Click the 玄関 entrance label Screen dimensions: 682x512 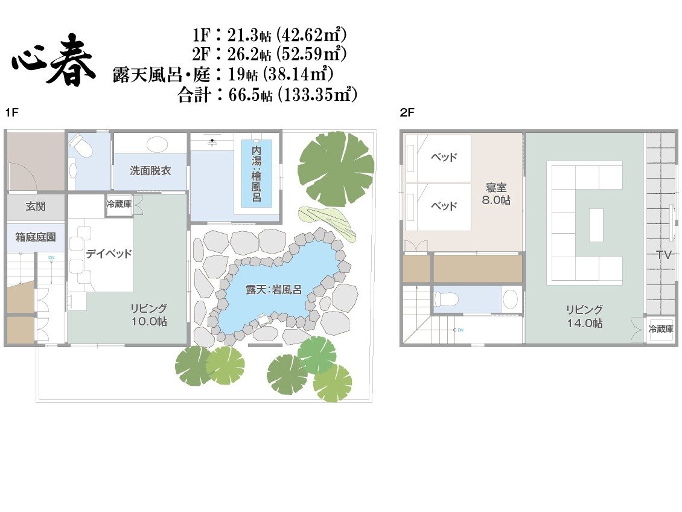(x=35, y=206)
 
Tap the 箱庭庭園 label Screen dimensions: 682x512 (x=35, y=237)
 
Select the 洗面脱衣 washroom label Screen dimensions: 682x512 (x=150, y=170)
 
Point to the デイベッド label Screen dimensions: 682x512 (x=108, y=254)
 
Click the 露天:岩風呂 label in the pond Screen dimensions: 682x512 (x=273, y=290)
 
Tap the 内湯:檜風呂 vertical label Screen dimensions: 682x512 (x=257, y=174)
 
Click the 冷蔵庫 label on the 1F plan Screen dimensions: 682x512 (x=119, y=203)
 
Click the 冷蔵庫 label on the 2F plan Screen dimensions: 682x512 (x=661, y=329)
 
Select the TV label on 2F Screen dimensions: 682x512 (x=664, y=255)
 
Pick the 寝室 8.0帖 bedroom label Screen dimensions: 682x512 (x=496, y=194)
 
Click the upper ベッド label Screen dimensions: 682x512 (x=444, y=156)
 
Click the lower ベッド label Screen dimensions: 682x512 (x=444, y=206)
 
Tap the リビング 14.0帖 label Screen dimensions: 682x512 (x=584, y=316)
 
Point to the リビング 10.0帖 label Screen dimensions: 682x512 (x=149, y=315)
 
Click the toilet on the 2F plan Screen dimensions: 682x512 (x=445, y=299)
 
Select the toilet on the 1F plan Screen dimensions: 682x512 (x=81, y=146)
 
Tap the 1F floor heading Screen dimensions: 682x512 (x=12, y=113)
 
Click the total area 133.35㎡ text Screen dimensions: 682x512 (x=317, y=94)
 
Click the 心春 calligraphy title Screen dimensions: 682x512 (x=53, y=62)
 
